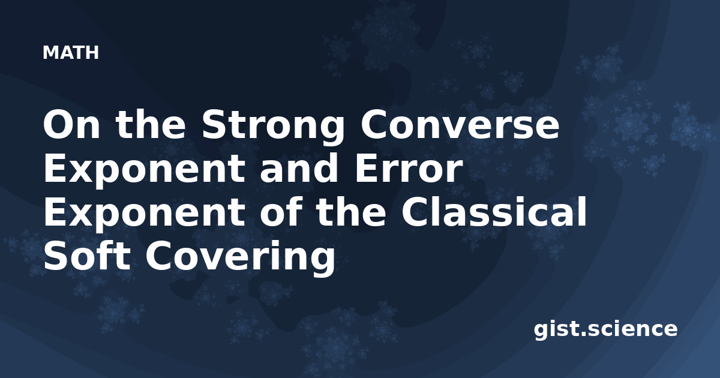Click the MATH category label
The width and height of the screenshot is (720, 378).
pyautogui.click(x=70, y=53)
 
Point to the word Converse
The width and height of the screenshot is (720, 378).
pyautogui.click(x=460, y=125)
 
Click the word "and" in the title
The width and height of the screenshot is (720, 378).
pyautogui.click(x=299, y=168)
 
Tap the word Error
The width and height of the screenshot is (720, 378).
pyautogui.click(x=408, y=169)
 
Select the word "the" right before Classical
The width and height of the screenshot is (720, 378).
pyautogui.click(x=352, y=211)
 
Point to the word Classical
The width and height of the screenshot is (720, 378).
pyautogui.click(x=494, y=211)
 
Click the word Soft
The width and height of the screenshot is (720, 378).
pyautogui.click(x=87, y=255)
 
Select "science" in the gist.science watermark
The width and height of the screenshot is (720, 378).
pyautogui.click(x=632, y=329)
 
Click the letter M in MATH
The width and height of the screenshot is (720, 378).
pyautogui.click(x=50, y=53)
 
